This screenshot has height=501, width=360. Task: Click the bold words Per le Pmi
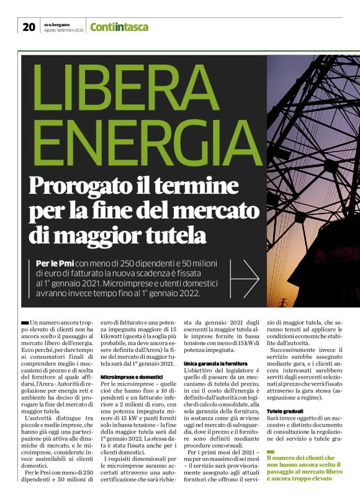(56, 264)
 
